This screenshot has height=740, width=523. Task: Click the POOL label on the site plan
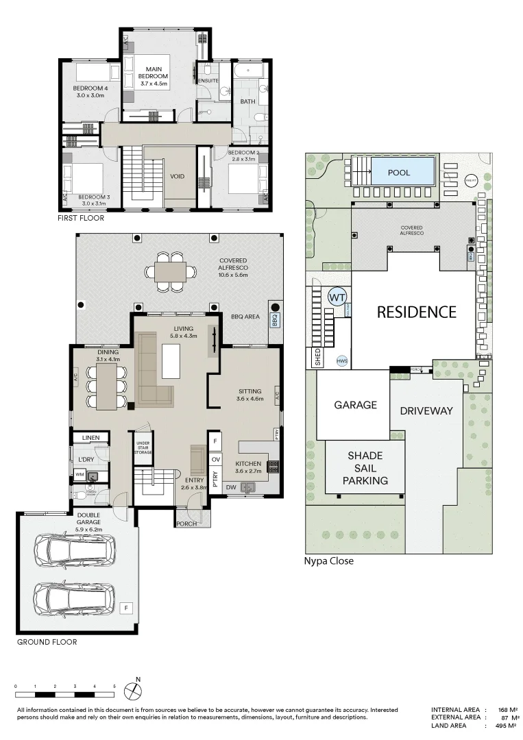click(x=399, y=173)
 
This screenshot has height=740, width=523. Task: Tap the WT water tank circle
click(x=337, y=297)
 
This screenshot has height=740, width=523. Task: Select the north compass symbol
click(x=134, y=688)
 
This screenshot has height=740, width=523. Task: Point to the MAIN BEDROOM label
click(x=153, y=76)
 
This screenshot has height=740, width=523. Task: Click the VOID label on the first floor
click(x=178, y=177)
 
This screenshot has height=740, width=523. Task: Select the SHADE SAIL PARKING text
click(x=365, y=468)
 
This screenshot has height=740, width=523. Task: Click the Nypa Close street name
click(x=328, y=561)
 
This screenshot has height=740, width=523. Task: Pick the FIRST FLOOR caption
click(x=82, y=218)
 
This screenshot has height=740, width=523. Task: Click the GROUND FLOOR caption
click(x=47, y=642)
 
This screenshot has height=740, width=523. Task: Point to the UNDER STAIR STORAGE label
click(x=143, y=446)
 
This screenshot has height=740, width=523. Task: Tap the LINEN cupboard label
click(x=91, y=437)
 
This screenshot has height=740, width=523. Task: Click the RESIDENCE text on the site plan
click(x=416, y=312)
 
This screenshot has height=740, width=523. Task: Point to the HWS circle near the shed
click(x=341, y=360)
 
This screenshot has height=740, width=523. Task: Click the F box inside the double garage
click(x=126, y=607)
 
